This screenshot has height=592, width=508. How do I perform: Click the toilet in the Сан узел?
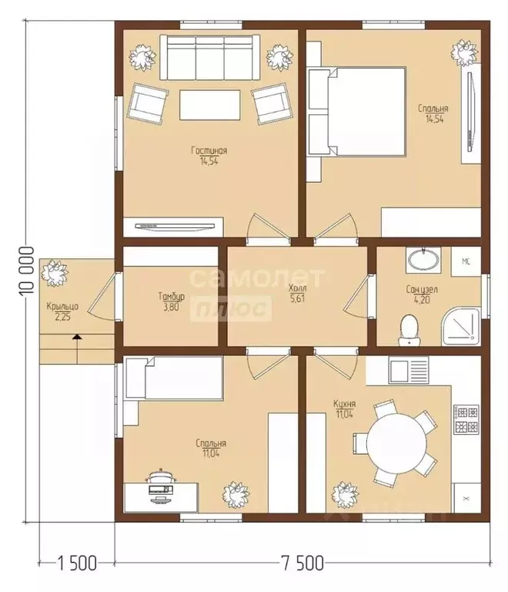click(408, 330)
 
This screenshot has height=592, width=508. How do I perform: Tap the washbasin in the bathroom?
click(423, 260)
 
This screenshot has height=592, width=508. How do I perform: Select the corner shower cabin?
click(461, 327)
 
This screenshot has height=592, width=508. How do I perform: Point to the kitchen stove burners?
click(466, 419)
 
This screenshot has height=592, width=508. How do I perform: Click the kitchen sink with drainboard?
click(409, 370)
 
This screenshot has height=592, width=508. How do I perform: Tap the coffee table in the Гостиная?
click(210, 105)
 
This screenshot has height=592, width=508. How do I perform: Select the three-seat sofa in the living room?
click(210, 57)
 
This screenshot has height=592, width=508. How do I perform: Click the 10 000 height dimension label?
click(27, 271)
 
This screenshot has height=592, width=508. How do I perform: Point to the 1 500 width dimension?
click(77, 563)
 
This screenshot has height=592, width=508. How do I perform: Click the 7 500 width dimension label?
click(302, 563)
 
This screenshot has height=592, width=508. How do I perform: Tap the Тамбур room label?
click(172, 296)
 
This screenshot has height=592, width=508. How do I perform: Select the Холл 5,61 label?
click(297, 294)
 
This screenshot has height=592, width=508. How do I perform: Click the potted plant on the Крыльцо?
click(55, 272)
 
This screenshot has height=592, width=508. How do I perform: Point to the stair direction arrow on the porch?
click(77, 348)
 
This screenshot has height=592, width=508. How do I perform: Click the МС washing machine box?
click(466, 261)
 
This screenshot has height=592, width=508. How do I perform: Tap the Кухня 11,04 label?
click(345, 409)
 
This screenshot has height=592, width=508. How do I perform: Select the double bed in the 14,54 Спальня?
click(356, 111)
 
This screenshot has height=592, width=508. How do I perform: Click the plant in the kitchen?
click(345, 495)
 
